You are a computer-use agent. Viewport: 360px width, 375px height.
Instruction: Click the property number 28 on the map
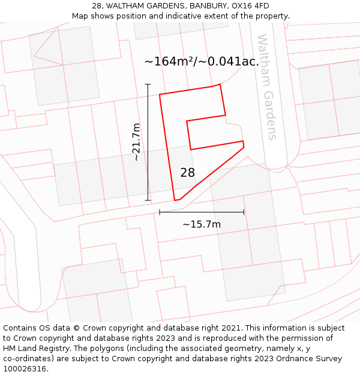pos(187,173)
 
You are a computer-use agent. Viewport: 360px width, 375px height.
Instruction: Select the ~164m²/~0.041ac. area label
pos(202,61)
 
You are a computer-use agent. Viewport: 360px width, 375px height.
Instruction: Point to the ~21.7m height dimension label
pos(136,142)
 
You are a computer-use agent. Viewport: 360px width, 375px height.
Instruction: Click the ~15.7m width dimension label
pos(202,224)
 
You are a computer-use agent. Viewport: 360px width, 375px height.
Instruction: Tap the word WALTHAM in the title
pos(126,6)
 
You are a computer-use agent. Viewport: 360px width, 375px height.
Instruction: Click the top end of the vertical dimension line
pos(148,85)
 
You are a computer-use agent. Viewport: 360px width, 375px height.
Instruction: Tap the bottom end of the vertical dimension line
pos(148,200)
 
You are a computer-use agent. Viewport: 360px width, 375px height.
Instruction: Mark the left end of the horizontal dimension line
pos(160,212)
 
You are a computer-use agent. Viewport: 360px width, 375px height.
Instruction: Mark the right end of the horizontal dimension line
pos(244,212)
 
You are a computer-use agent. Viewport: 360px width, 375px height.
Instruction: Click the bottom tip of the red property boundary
pos(175,200)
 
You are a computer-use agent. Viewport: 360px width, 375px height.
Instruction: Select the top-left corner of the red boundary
pos(160,94)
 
